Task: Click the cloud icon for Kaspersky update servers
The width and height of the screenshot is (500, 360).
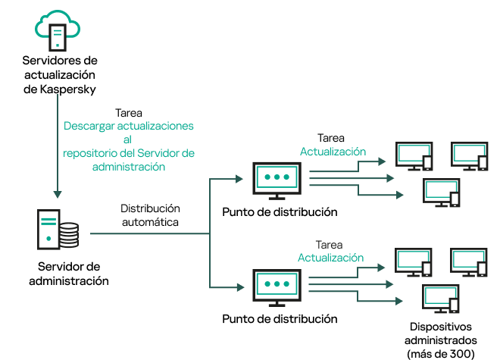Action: coord(58,29)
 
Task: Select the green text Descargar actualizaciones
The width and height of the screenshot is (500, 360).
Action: coord(128,125)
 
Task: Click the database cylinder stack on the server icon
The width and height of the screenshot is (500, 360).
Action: coord(69,234)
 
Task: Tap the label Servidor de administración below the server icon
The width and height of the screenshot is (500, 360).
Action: coord(68,274)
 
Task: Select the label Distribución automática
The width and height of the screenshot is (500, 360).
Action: coord(150,215)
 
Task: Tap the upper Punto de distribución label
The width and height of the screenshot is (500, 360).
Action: coord(280,211)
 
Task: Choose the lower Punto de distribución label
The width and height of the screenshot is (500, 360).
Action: coord(280,319)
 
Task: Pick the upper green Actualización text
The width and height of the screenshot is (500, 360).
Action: coord(333,152)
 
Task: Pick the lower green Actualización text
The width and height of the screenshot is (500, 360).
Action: coord(330,258)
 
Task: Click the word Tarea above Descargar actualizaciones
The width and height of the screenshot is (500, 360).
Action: coord(130,111)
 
